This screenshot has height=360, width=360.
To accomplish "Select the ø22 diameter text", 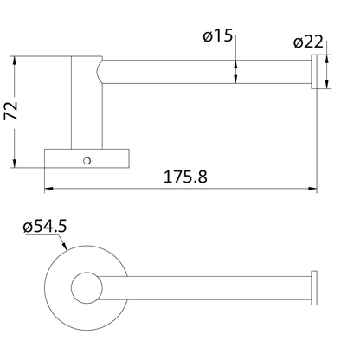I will pyautogui.click(x=310, y=41).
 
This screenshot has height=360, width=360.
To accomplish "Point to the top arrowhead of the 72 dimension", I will pyautogui.click(x=16, y=61).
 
